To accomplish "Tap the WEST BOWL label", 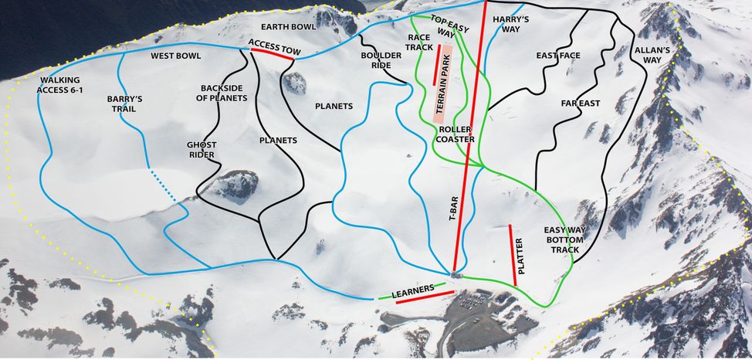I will (x=175, y=56).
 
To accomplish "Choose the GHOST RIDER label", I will (x=202, y=149).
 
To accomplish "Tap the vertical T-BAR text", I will (x=455, y=209).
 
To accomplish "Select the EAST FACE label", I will (x=557, y=56).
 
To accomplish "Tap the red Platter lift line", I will (x=512, y=254).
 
